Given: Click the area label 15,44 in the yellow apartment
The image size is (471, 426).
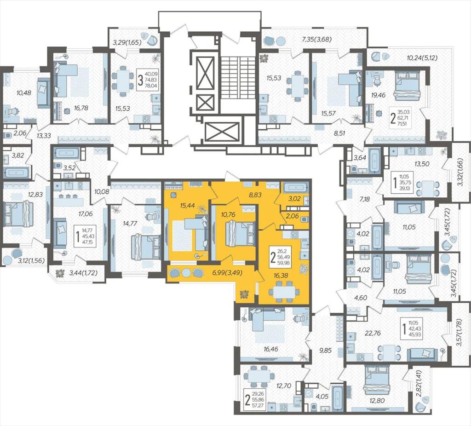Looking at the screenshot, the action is click(x=187, y=205).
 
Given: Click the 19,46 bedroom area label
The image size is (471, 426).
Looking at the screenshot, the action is click(x=378, y=95).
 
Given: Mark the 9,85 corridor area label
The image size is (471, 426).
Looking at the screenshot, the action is click(x=325, y=350).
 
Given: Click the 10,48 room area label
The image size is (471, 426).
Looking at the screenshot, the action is click(x=24, y=93).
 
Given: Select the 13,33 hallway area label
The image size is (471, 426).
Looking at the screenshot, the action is click(x=44, y=136).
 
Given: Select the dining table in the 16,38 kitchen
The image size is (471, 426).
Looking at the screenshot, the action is click(x=284, y=291).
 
